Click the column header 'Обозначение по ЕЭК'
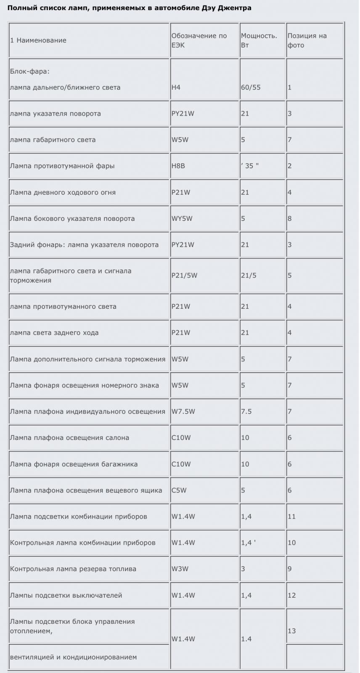[x=199, y=40]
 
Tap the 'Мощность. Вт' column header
[x=259, y=40]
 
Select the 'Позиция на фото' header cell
[x=307, y=40]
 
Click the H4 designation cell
[x=176, y=87]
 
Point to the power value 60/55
[x=251, y=87]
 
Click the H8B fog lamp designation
[x=178, y=166]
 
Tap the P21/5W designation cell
[x=184, y=276]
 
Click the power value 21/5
[x=249, y=276]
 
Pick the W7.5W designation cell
[x=183, y=411]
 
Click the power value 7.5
[x=246, y=411]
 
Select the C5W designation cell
[x=179, y=490]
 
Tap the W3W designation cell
[x=180, y=569]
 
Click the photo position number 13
[x=291, y=631]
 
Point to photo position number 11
[x=291, y=517]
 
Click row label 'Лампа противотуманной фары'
[x=62, y=166]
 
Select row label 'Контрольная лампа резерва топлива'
[x=73, y=569]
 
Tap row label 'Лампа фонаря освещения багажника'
[x=74, y=464]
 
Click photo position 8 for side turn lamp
[x=289, y=218]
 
